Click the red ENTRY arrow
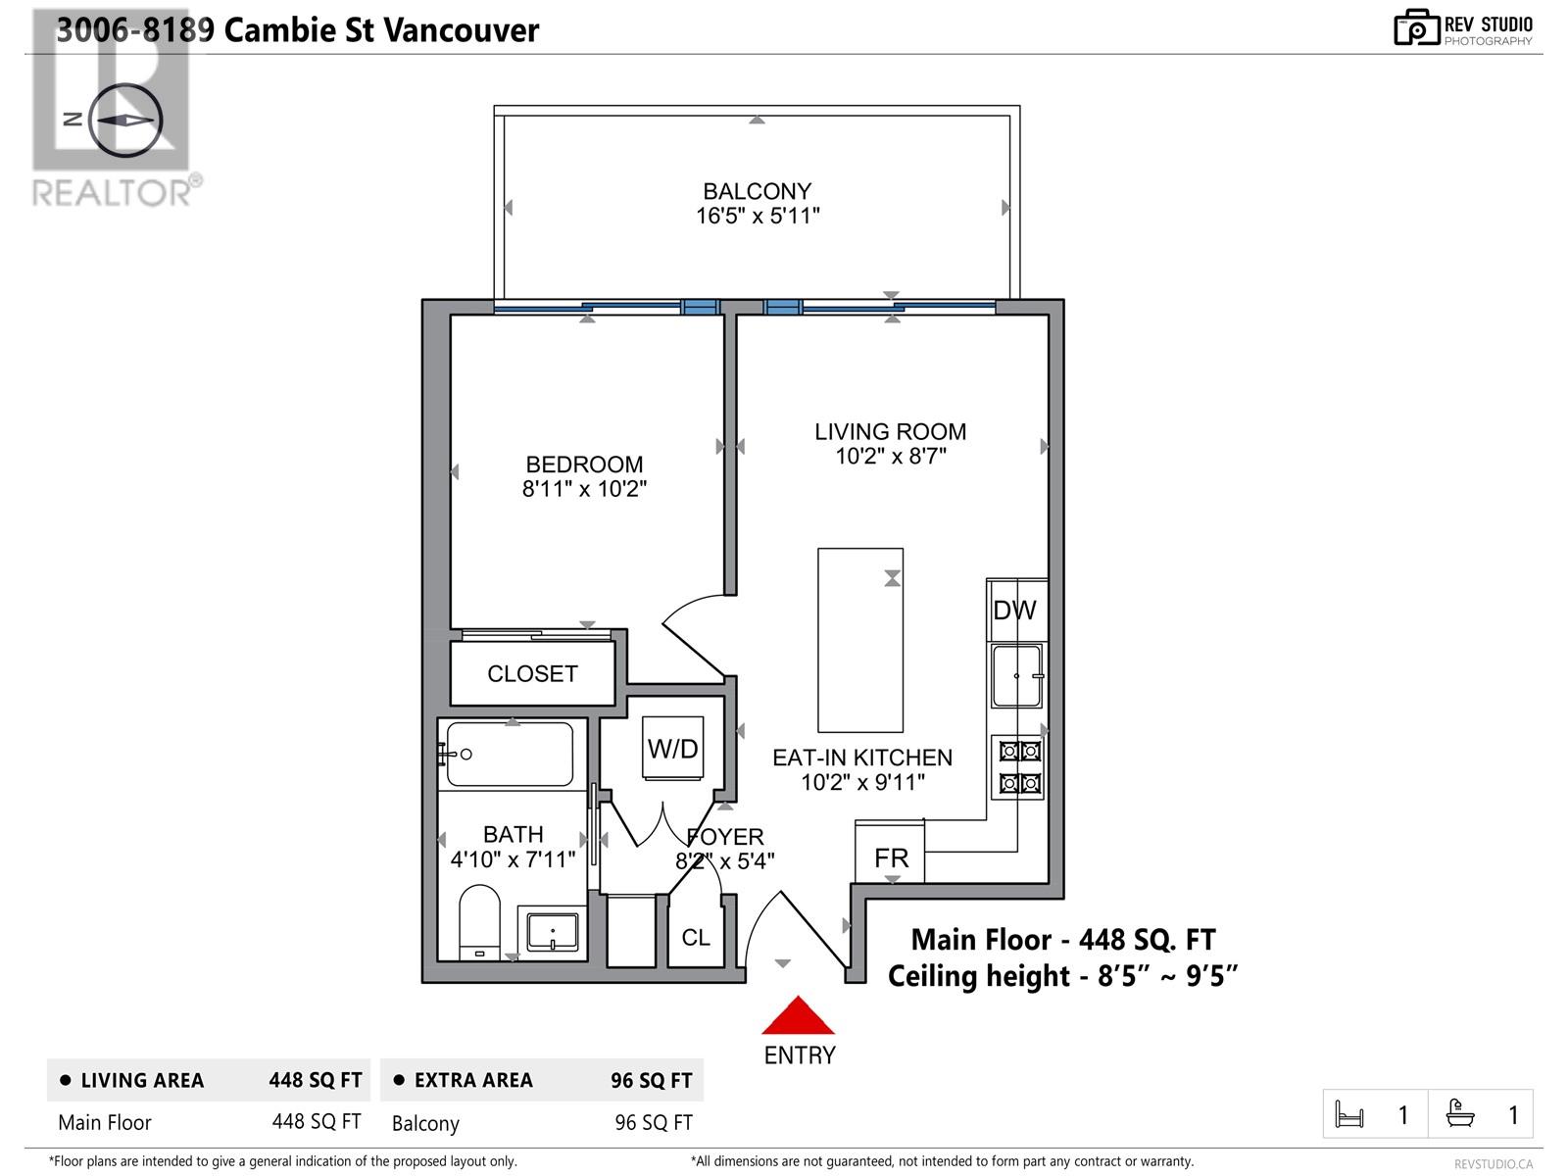click(799, 1017)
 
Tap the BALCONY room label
click(758, 191)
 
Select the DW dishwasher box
click(1015, 610)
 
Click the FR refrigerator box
click(891, 857)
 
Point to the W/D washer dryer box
click(673, 749)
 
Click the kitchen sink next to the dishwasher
click(1016, 675)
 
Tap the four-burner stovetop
click(1019, 767)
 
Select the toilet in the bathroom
click(480, 921)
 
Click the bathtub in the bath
click(510, 755)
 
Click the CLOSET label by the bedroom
click(532, 674)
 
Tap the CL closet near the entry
click(696, 938)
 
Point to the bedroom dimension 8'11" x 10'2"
click(585, 488)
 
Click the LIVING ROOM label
click(890, 431)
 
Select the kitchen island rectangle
click(860, 640)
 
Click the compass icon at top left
click(124, 120)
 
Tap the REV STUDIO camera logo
click(1416, 28)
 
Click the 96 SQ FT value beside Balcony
click(654, 1123)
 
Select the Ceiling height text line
click(1062, 976)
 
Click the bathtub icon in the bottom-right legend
click(1460, 1114)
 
